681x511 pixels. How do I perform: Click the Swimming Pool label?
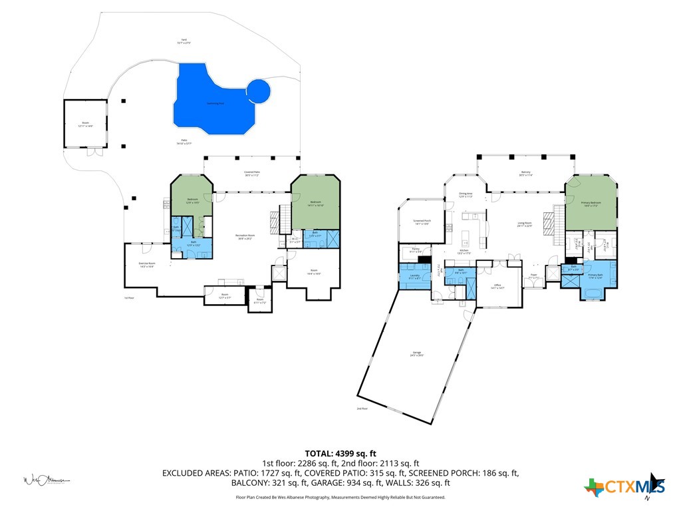[x=214, y=103]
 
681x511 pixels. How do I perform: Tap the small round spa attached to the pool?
[x=259, y=91]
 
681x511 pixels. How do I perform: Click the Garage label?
[x=417, y=353]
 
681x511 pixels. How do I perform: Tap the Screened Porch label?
[x=422, y=222]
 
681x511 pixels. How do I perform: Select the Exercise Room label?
[x=147, y=264]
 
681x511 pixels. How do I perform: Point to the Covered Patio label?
[x=252, y=174]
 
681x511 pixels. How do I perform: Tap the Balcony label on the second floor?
[x=525, y=173]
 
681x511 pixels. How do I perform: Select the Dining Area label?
[x=466, y=195]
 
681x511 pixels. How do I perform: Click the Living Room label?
[x=525, y=224]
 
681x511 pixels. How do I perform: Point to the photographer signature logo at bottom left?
[x=47, y=480]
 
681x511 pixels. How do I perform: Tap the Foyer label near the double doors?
[x=533, y=275]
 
